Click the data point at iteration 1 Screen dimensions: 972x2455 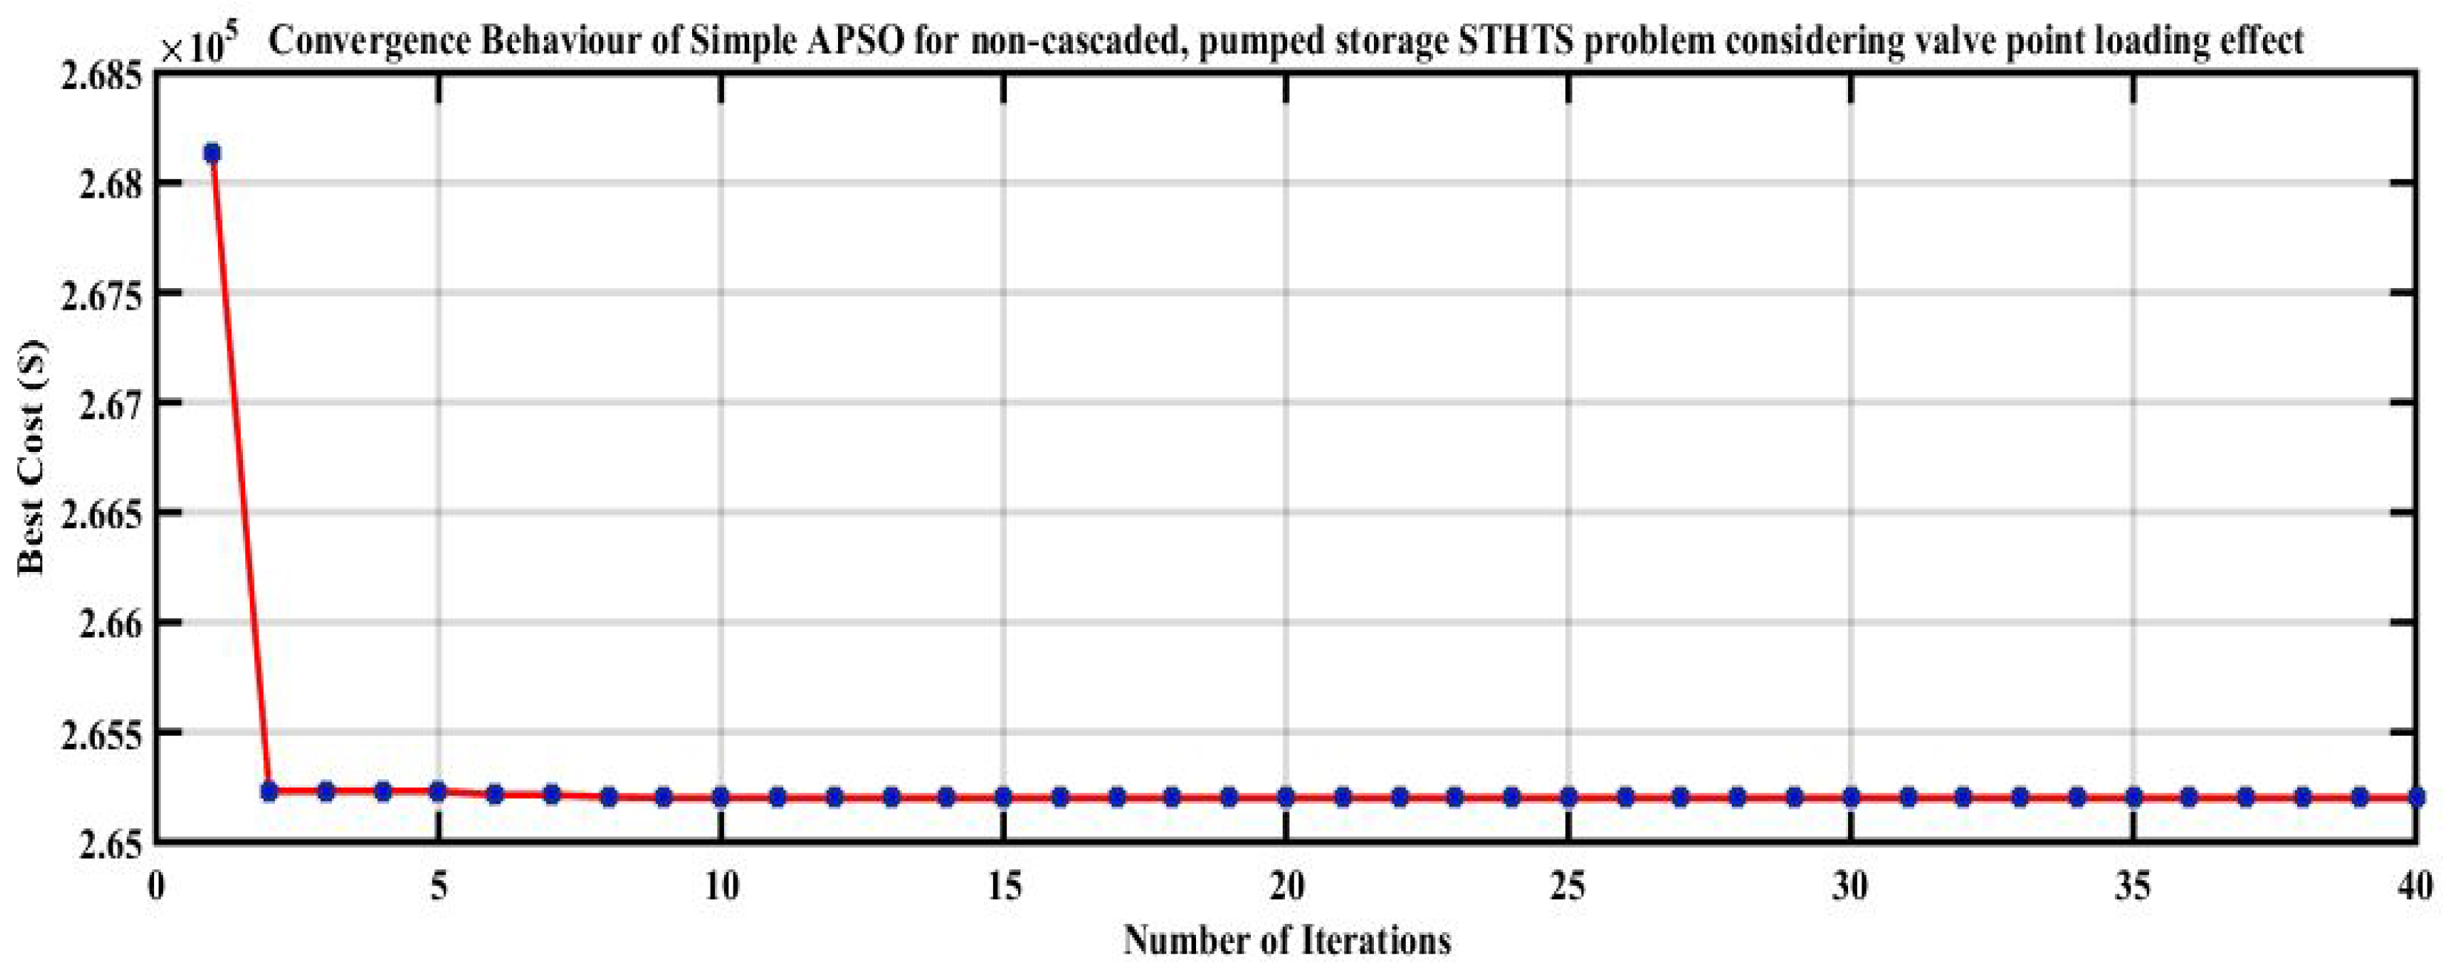tap(212, 153)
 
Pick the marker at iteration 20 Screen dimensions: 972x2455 tap(1286, 796)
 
